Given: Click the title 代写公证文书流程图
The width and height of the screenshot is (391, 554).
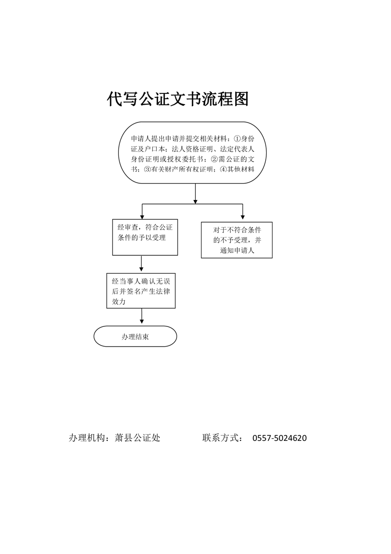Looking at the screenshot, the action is (178, 99).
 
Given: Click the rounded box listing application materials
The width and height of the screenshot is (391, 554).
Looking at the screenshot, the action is (192, 153).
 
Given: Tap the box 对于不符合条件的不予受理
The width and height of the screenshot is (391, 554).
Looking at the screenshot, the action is (237, 240).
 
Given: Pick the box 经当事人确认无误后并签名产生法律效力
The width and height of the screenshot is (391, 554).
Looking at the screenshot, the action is (141, 290).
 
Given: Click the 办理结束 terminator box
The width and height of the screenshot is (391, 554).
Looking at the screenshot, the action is (135, 336).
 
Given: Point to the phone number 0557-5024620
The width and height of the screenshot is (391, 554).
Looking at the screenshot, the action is (280, 438).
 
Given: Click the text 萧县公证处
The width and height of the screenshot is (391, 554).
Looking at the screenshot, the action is (138, 438).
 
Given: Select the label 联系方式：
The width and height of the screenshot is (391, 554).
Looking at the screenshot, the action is (223, 438).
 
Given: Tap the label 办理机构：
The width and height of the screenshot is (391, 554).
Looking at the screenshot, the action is (91, 438).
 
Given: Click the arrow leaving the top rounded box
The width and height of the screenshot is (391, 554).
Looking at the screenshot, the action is (195, 194).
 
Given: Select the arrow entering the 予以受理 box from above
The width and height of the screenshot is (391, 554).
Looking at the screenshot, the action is (142, 212).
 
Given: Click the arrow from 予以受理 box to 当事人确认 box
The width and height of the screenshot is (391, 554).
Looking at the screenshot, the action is (141, 264).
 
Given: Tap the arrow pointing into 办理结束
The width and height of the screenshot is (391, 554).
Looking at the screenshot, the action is (142, 316).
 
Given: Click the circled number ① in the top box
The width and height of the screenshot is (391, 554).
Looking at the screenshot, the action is (237, 138).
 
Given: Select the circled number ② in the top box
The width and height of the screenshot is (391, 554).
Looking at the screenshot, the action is (214, 159).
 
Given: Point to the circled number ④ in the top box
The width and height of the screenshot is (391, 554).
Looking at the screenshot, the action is (223, 169).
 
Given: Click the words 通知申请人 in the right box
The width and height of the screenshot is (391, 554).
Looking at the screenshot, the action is (237, 251).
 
